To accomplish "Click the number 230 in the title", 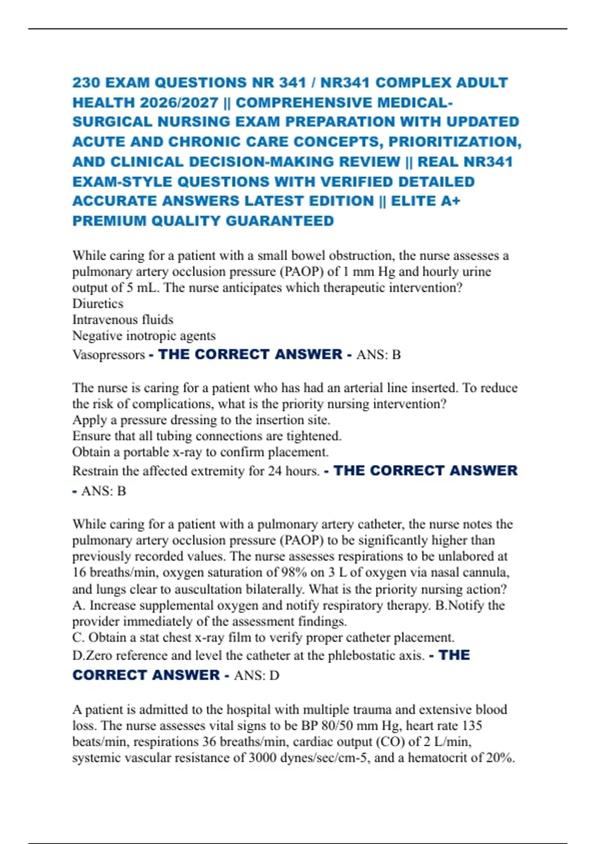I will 85,82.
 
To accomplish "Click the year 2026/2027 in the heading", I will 179,102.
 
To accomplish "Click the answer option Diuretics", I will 98,303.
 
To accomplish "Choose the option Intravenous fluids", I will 123,319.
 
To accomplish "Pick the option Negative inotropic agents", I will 144,336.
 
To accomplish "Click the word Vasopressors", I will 109,354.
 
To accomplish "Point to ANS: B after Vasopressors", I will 378,354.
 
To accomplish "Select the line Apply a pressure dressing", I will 201,420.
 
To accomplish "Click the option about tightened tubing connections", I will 207,436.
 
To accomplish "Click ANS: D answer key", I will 256,675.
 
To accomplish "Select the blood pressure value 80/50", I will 318,725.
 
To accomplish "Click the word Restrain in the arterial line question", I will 95,471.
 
